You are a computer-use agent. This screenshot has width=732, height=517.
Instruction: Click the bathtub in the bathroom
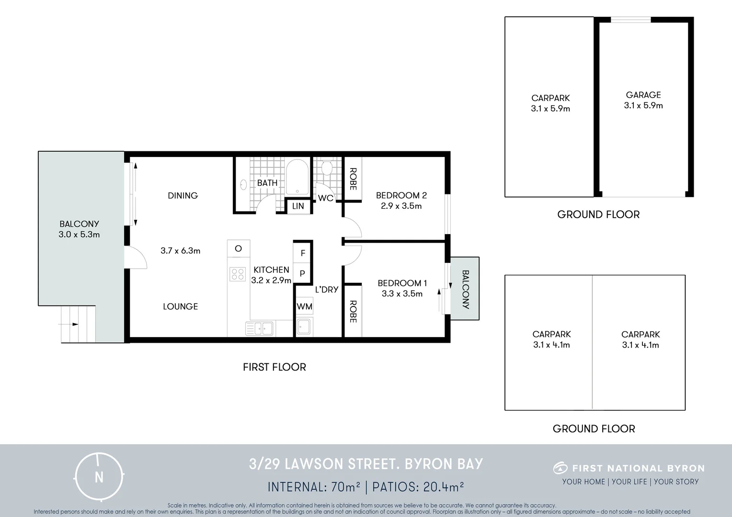point(297,177)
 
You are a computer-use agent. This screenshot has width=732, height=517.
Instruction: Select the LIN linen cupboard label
point(298,206)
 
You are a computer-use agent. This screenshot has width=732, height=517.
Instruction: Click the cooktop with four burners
point(238,274)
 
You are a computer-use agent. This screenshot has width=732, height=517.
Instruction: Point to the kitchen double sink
point(259,328)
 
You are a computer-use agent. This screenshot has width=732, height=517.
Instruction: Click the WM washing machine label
point(304,306)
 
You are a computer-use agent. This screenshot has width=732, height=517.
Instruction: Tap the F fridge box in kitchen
point(303,253)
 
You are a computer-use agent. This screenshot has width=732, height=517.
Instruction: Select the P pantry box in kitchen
point(303,274)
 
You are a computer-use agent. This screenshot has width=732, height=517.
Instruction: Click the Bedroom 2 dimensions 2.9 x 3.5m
point(401,206)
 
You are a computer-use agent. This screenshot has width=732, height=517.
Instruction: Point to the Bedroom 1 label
point(402,283)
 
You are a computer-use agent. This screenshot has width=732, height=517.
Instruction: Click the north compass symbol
point(99,476)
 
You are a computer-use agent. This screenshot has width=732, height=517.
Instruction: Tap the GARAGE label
point(643,95)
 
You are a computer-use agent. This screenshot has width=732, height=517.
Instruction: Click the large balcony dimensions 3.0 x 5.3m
point(79,235)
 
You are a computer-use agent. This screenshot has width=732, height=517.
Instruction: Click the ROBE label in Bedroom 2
point(353,179)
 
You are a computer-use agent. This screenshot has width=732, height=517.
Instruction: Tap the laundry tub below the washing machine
point(304,327)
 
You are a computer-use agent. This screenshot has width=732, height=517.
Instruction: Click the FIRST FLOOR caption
point(274,367)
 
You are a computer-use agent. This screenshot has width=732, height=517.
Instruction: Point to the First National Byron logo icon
point(560,468)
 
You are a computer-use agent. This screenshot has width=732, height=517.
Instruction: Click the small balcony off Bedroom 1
point(465,289)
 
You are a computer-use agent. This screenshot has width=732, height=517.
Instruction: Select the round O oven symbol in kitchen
point(238,248)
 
